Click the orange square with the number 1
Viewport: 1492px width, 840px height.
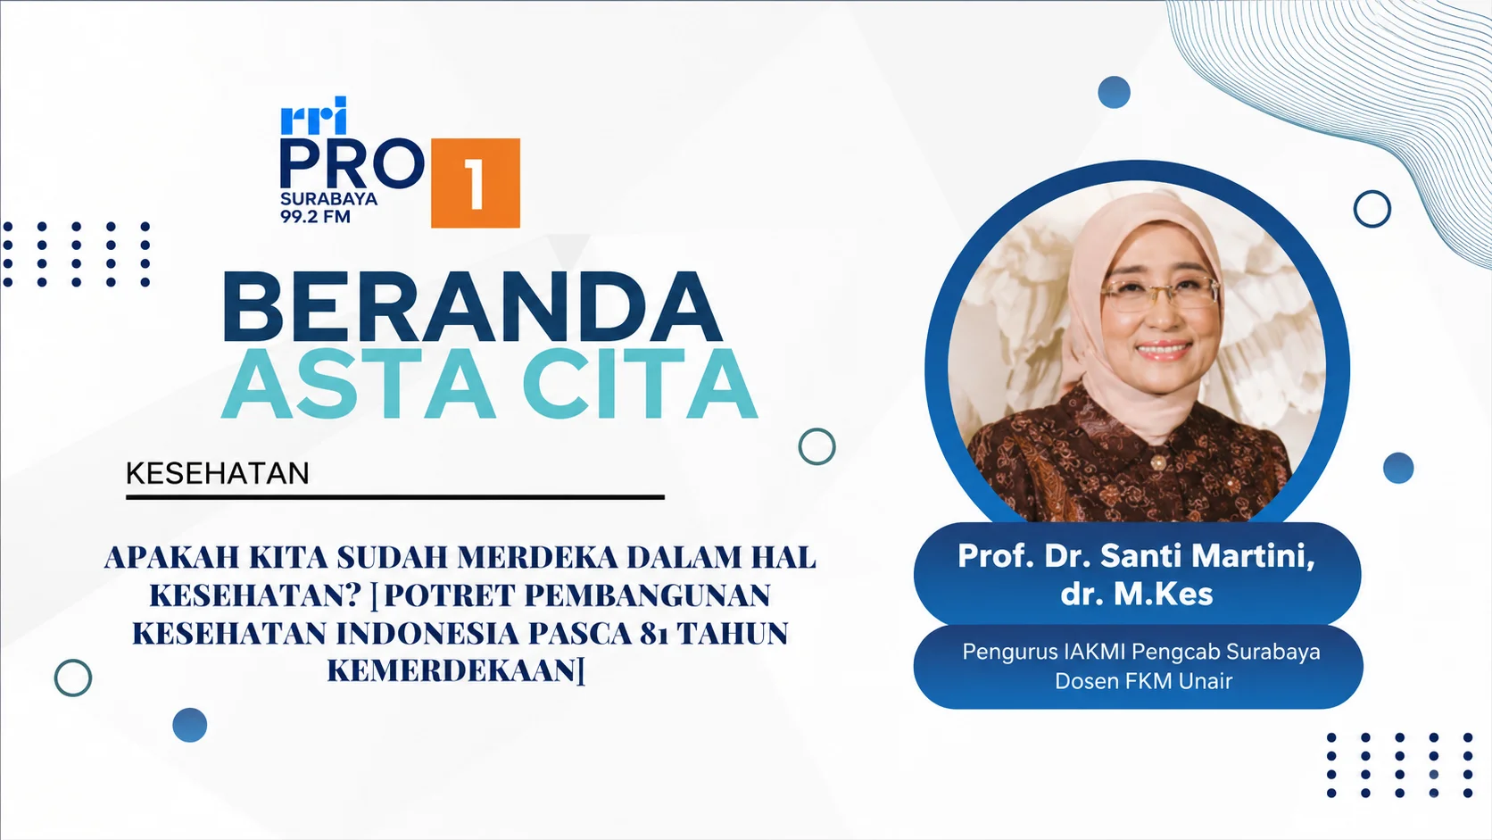click(x=476, y=183)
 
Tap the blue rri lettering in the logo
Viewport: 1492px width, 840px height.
click(x=314, y=116)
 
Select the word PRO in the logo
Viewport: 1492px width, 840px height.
click(x=352, y=164)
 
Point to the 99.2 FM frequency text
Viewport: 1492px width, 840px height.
click(x=315, y=217)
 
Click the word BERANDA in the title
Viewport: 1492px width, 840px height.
click(x=472, y=307)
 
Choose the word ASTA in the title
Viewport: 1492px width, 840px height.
click(x=359, y=384)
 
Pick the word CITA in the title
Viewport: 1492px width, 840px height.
click(x=640, y=384)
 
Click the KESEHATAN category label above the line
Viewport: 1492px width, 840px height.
click(x=217, y=474)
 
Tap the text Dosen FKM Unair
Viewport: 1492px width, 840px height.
click(x=1144, y=681)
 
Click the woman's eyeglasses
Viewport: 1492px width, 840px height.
click(x=1160, y=293)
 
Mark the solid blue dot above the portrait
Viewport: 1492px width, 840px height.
click(x=1115, y=92)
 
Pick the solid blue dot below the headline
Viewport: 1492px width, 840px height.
click(x=190, y=725)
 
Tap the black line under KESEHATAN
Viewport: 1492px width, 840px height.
click(x=395, y=497)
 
